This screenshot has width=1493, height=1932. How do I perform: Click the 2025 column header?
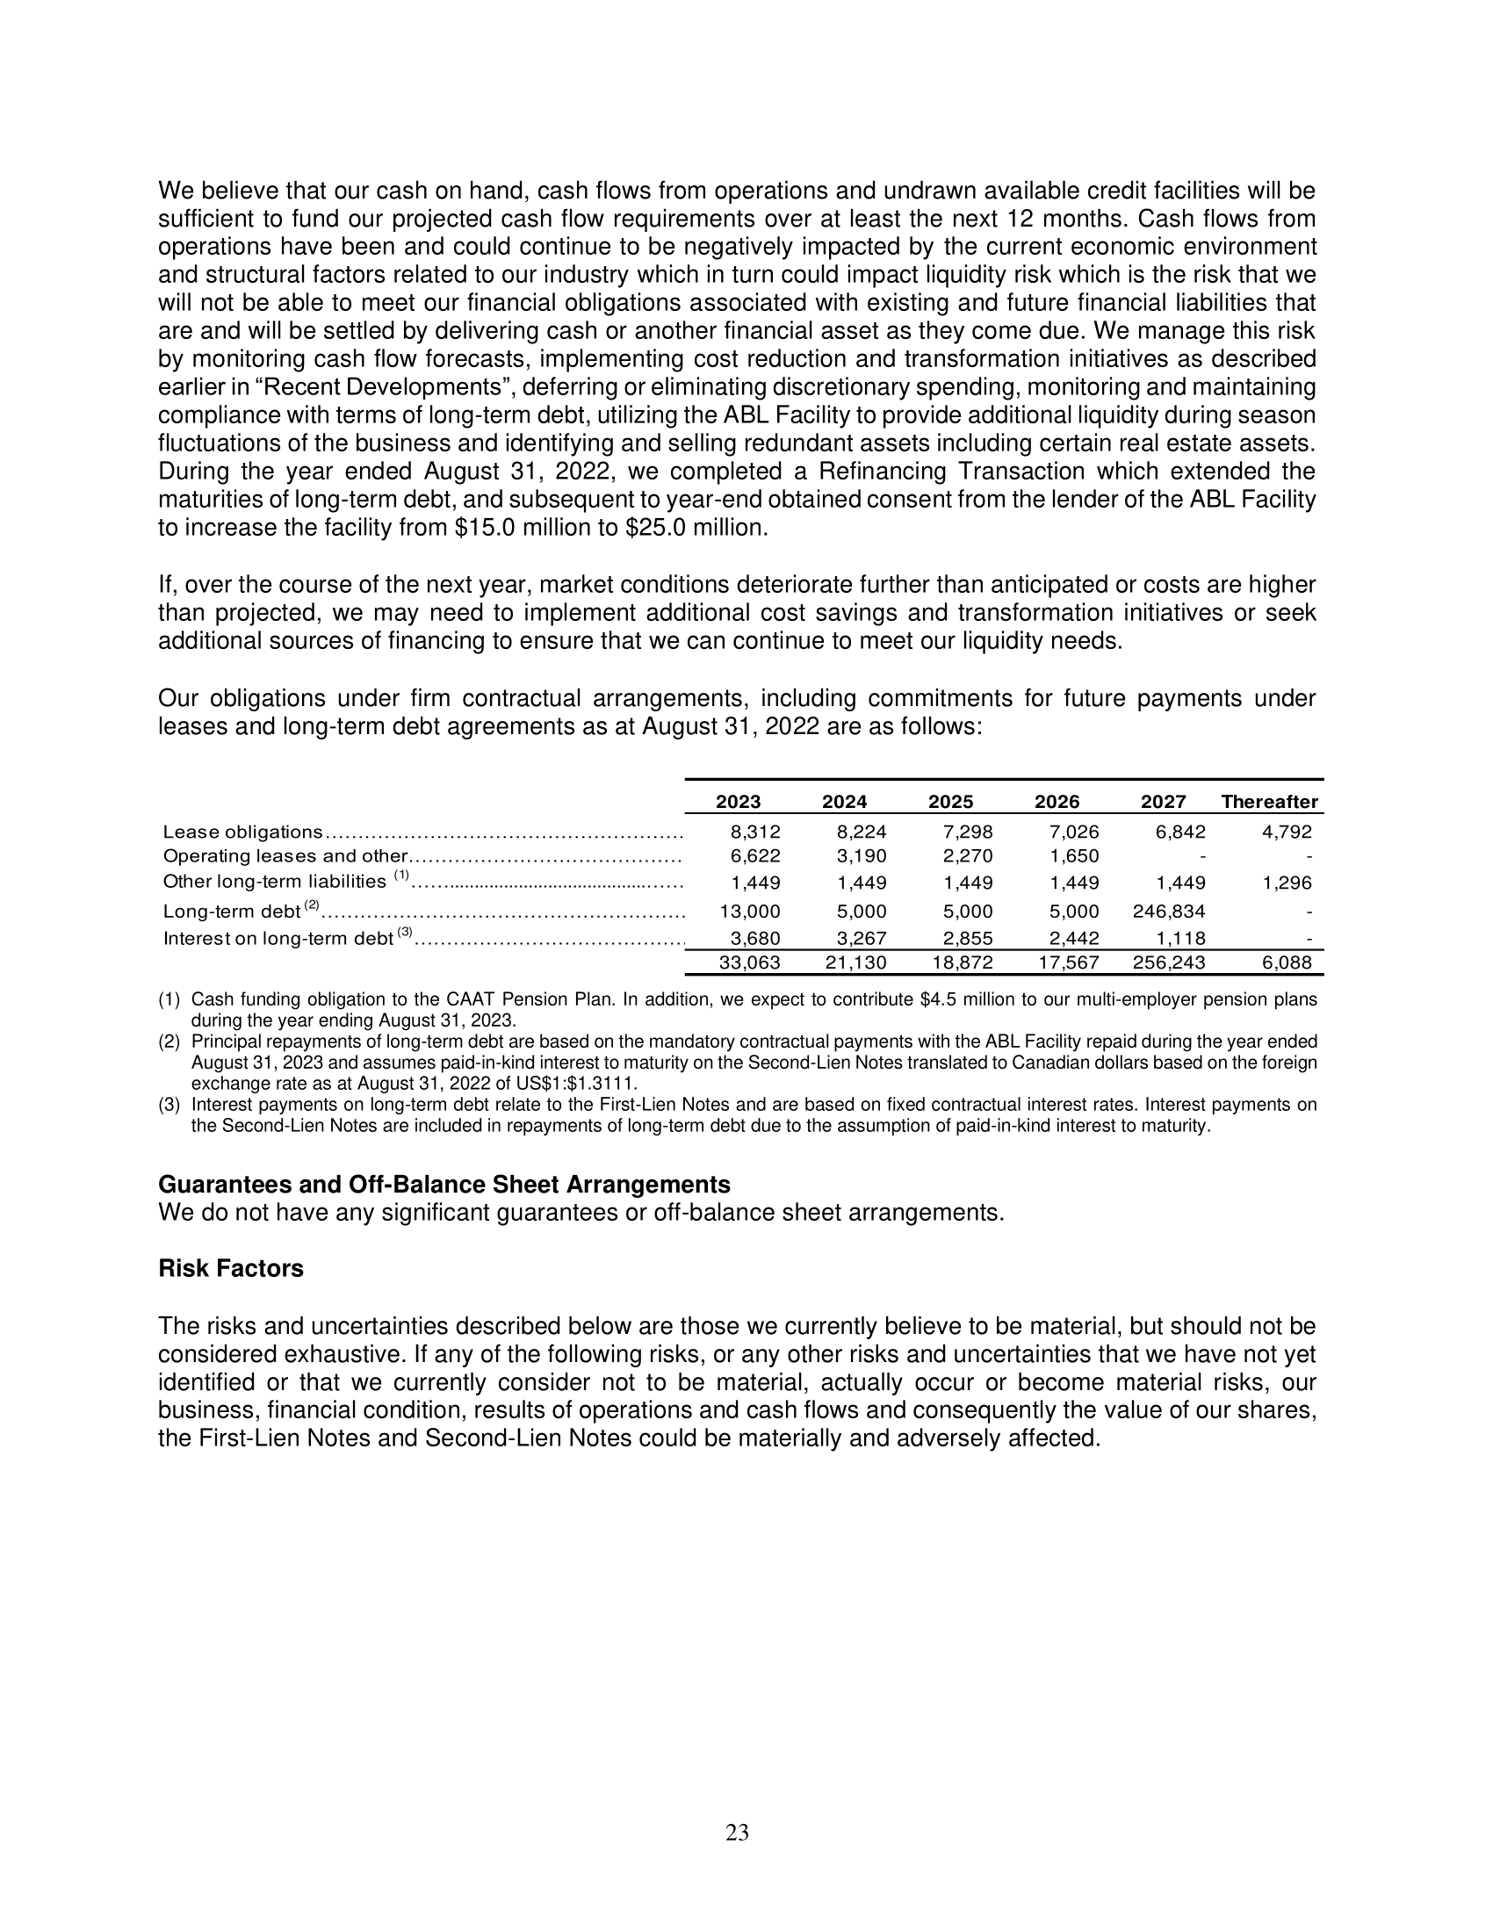[950, 802]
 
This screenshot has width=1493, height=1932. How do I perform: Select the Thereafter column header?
[1269, 802]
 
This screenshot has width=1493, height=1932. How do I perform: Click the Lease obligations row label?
[243, 832]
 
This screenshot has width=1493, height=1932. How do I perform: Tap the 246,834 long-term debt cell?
[1168, 912]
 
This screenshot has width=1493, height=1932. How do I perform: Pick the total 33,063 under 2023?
[749, 962]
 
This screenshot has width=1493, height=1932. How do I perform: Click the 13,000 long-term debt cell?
[750, 912]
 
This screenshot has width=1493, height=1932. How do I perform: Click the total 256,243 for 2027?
[1168, 962]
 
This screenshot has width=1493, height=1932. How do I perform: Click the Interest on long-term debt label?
[278, 939]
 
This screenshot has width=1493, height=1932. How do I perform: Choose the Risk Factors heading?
[231, 1269]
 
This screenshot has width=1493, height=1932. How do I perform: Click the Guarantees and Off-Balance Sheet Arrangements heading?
[444, 1184]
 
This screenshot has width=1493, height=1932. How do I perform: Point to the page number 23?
[737, 1833]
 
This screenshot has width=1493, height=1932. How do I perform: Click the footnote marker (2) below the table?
[169, 1042]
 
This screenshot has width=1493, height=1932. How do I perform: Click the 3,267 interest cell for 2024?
[861, 939]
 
